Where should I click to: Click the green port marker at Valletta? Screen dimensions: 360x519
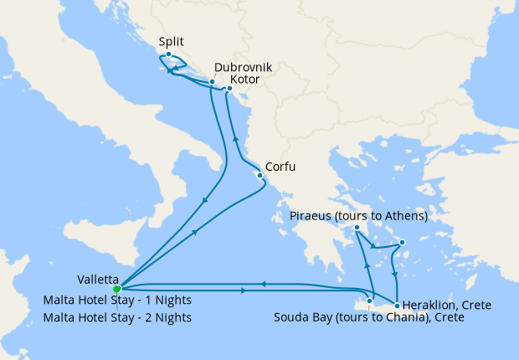pos(117,290)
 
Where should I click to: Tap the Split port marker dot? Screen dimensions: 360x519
pos(168,54)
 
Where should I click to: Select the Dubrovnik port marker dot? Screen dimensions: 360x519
pos(212,82)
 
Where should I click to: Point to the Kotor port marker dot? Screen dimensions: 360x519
pos(229,87)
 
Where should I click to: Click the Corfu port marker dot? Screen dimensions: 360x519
pos(259,175)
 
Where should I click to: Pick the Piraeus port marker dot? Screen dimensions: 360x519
pos(357,228)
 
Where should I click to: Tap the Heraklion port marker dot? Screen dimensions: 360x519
pos(397,305)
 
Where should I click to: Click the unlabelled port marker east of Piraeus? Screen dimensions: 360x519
pos(403,243)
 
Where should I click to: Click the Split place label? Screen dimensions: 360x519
pos(171,41)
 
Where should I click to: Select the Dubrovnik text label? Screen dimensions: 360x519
pos(243,67)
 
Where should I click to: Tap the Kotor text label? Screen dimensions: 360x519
pos(244,80)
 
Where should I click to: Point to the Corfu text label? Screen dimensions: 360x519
pos(280,167)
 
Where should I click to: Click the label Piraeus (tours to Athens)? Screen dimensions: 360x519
pos(359,216)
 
